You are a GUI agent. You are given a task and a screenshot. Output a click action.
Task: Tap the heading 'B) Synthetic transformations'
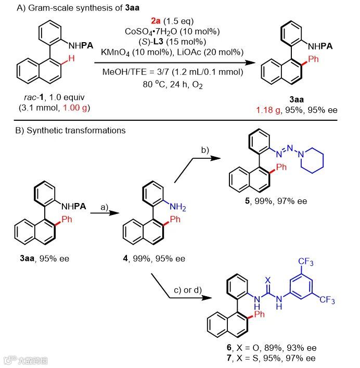pos(65,130)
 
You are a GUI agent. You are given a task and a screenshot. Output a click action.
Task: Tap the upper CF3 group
pos(306,262)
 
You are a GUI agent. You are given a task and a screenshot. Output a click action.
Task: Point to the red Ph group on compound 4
pos(176,220)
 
